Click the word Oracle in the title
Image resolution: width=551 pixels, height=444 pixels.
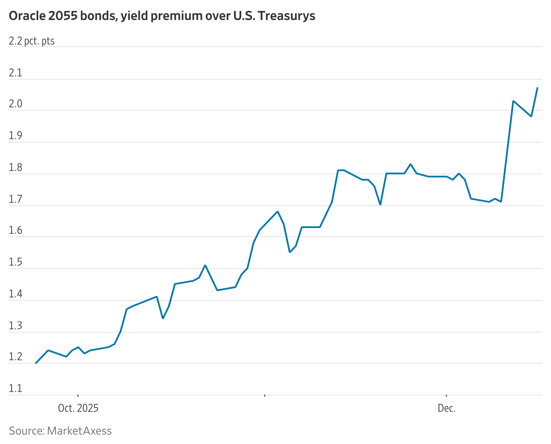click(27, 16)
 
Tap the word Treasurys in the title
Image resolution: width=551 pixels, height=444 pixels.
click(286, 16)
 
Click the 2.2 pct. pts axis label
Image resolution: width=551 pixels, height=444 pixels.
click(31, 41)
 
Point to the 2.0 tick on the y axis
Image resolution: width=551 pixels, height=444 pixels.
click(15, 104)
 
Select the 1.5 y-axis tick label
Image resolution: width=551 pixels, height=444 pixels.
click(15, 262)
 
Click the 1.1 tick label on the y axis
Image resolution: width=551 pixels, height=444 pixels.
click(15, 388)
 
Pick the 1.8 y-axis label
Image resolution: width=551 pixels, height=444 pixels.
click(15, 167)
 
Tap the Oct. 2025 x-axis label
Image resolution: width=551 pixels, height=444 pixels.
click(78, 408)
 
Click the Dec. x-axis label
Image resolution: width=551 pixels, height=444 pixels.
click(447, 408)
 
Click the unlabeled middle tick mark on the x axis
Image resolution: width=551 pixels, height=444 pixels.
click(265, 396)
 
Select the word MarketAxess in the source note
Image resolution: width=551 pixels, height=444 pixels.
click(79, 431)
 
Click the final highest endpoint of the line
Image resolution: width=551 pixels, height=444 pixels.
click(537, 88)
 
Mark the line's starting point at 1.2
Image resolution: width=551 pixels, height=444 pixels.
click(36, 363)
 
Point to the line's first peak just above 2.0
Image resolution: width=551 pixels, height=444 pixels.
click(513, 101)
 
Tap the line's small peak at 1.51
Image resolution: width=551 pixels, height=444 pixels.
click(205, 265)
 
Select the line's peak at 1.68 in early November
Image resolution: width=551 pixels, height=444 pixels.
click(278, 212)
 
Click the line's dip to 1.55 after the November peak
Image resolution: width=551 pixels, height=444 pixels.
click(289, 252)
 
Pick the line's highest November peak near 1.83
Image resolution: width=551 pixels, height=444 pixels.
click(410, 164)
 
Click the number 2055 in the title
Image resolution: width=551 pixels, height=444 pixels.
click(63, 16)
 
